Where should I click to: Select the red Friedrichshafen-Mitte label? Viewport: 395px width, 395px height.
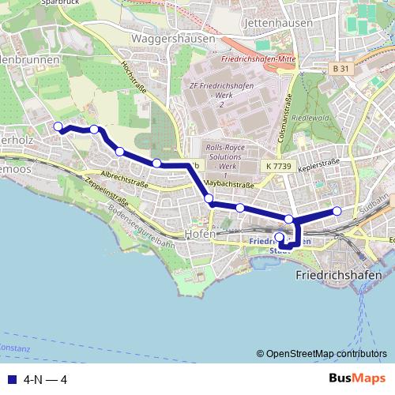coord(259,59)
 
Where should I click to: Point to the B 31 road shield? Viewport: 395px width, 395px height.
coord(340,70)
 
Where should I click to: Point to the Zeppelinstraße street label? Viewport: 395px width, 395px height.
coord(105,194)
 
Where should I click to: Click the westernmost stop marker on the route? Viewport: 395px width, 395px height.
coord(57,126)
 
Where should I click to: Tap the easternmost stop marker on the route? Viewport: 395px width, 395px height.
coord(337,210)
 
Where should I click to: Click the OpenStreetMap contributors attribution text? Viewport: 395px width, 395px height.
coord(325,354)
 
